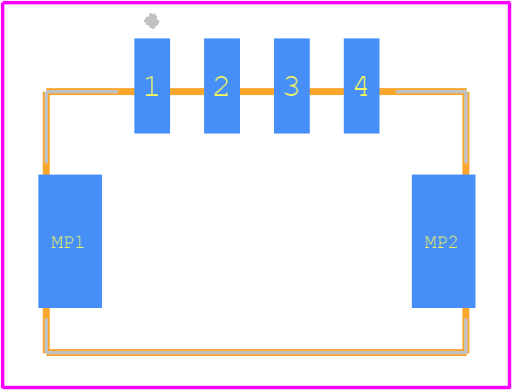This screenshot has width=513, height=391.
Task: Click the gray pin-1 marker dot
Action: coord(152,21)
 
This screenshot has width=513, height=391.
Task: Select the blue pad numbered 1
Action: coord(152,86)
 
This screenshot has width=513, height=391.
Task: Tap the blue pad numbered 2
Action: coord(222,86)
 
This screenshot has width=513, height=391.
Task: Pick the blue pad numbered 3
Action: coord(291,86)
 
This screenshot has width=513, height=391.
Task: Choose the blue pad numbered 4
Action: coord(361,86)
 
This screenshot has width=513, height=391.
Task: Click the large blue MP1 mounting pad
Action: coord(70,241)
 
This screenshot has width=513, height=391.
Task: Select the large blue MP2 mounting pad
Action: coord(443,241)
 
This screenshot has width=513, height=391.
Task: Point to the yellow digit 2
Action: coord(222,86)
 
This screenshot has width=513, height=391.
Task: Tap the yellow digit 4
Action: coord(361,86)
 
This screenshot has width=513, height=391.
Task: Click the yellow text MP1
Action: coord(68,243)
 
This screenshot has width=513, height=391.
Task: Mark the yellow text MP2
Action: coord(441,243)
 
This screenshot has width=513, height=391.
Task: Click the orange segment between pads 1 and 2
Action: coord(187,92)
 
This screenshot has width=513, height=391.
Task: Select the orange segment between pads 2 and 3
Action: coord(256,92)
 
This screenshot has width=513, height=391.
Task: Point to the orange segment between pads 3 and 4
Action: coord(326,92)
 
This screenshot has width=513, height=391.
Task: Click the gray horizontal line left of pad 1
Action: coord(82,92)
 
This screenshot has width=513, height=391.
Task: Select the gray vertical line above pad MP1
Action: coord(46,127)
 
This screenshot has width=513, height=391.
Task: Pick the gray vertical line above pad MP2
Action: coord(466,127)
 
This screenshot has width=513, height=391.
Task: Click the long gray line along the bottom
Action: coord(256,353)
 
